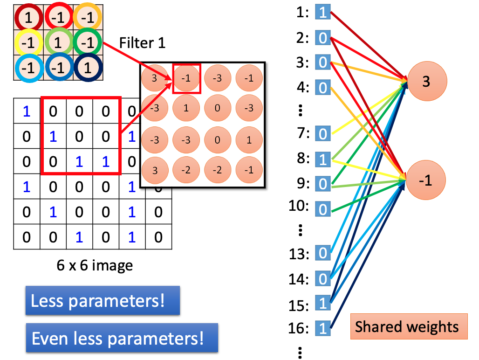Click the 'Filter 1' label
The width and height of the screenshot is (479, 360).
[x=143, y=43]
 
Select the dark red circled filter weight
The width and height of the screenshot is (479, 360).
[x=29, y=17]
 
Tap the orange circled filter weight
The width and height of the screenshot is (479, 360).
[x=88, y=17]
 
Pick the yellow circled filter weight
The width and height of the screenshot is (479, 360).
[x=29, y=42]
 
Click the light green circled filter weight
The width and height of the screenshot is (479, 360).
[x=58, y=42]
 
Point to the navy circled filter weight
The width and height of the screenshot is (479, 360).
[x=88, y=68]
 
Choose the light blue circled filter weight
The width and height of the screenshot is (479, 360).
[x=29, y=68]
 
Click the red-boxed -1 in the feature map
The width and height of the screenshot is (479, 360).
[x=186, y=78]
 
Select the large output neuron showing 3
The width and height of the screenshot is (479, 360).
[x=427, y=81]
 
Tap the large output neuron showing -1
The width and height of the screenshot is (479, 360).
[x=425, y=180]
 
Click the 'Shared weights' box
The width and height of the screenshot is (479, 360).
[x=409, y=326]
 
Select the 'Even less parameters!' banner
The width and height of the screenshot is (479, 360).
[x=122, y=338]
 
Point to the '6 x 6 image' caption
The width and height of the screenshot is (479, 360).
[x=95, y=265]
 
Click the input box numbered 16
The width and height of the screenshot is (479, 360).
[x=323, y=328]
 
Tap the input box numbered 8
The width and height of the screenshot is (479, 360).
[x=323, y=159]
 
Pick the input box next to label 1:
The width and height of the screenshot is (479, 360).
[x=323, y=12]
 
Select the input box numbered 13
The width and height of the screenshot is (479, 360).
[x=323, y=253]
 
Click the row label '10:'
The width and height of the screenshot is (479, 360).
[x=299, y=206]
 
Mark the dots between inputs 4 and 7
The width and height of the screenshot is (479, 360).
[x=301, y=111]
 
